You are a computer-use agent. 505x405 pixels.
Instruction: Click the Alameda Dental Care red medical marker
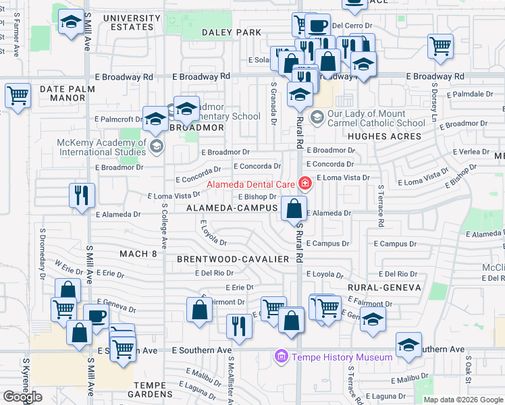(305, 183)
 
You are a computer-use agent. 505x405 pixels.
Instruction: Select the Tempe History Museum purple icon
(282, 356)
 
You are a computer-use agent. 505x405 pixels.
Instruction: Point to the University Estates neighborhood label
(126, 22)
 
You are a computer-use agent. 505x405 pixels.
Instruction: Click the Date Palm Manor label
(62, 93)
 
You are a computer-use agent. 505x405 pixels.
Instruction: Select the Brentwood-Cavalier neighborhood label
(233, 259)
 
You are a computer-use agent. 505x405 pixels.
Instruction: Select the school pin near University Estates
(70, 24)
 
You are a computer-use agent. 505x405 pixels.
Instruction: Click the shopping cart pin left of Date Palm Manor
(18, 95)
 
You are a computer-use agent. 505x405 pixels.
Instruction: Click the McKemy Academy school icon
(157, 146)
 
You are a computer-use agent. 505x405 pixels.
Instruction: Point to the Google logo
(23, 396)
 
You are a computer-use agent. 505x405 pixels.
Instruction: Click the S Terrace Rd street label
(381, 205)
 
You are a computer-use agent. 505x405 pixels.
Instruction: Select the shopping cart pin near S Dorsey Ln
(440, 47)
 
